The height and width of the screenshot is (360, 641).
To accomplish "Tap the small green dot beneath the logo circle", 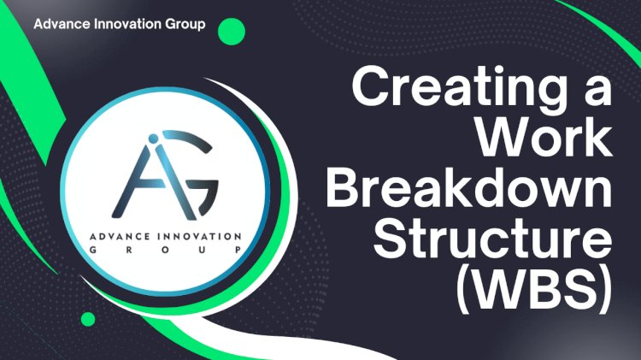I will pyautogui.click(x=87, y=320).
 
